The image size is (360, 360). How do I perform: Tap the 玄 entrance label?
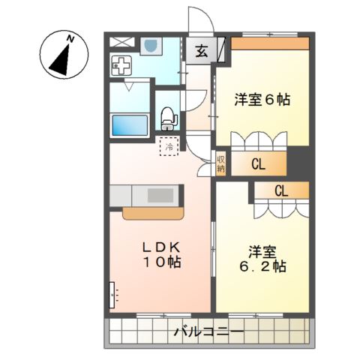[x=203, y=52]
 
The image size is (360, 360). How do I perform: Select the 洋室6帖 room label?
[x=262, y=99]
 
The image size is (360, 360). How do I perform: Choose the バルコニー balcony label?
[x=209, y=330]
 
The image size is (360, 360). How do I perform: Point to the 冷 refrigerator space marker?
[x=169, y=147]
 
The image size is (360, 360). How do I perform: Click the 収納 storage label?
[x=221, y=163]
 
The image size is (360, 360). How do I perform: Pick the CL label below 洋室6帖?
[x=257, y=164]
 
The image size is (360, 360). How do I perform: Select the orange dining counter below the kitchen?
[x=153, y=213]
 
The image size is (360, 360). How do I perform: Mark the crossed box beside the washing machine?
[x=119, y=42]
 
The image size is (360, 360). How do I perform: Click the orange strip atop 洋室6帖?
[x=269, y=43]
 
